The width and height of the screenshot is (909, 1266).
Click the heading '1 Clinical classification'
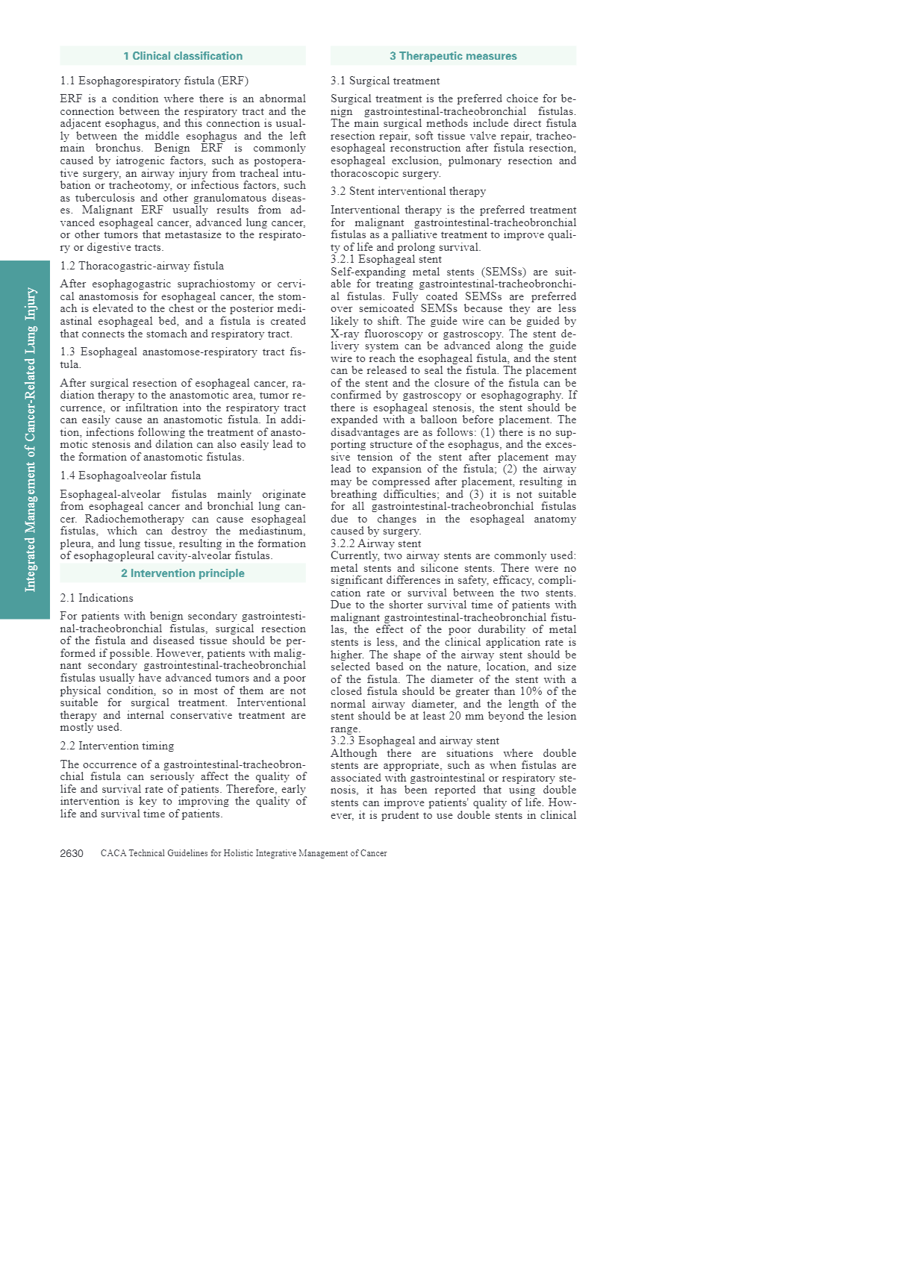[x=183, y=56]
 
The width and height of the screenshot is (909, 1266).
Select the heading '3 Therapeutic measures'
[x=453, y=56]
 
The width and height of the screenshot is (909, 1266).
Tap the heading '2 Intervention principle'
[x=183, y=573]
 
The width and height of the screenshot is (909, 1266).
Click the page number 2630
[x=72, y=853]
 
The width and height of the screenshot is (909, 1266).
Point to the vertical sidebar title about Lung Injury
[x=31, y=440]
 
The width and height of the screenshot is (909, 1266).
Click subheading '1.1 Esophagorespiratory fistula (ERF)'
[x=154, y=81]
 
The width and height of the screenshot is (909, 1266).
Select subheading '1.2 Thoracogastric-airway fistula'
[x=142, y=266]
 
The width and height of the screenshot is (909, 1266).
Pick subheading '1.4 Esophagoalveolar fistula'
[x=131, y=475]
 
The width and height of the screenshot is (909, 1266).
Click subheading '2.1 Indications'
[x=97, y=598]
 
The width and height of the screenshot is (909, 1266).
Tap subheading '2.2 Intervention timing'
[x=117, y=746]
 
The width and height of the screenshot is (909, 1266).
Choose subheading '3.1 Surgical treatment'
[x=385, y=81]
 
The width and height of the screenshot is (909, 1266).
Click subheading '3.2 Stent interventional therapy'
[x=408, y=191]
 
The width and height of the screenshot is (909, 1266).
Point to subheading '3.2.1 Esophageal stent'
[x=386, y=259]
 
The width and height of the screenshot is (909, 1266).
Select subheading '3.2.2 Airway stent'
[x=375, y=543]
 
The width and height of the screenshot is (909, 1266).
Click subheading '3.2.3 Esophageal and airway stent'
[x=415, y=740]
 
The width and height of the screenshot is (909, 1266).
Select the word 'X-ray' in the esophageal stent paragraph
[x=344, y=334]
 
